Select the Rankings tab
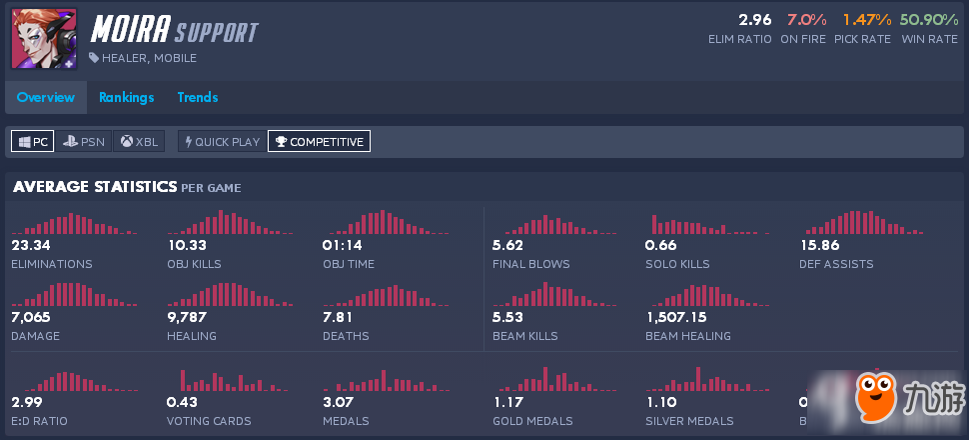(126, 97)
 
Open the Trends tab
(198, 97)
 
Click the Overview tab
(45, 97)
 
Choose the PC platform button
(32, 142)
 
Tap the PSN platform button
(83, 142)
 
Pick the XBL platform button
(140, 142)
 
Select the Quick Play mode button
(222, 142)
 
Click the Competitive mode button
(319, 142)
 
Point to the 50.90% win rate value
(928, 19)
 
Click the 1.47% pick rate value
(865, 19)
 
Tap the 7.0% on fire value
(805, 19)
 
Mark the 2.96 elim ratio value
(755, 19)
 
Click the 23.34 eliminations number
(31, 245)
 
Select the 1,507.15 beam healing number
(676, 317)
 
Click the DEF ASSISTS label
(836, 264)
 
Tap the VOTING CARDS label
(209, 421)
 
